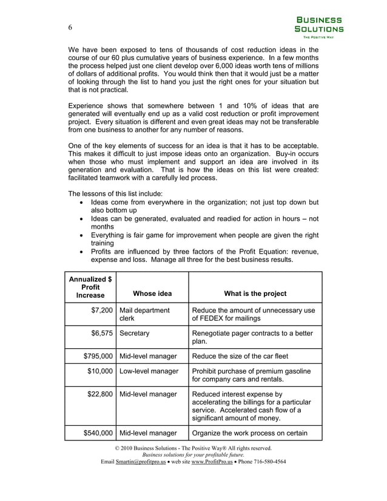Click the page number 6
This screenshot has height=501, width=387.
(x=70, y=28)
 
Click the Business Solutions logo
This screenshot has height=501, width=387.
(x=318, y=27)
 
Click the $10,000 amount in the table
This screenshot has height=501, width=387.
(x=99, y=371)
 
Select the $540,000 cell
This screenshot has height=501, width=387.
(x=98, y=433)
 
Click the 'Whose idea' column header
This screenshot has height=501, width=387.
(x=152, y=294)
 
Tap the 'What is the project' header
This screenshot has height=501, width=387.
(x=255, y=294)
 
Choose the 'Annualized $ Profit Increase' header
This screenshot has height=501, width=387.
(x=90, y=287)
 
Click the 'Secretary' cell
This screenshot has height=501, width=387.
(x=135, y=333)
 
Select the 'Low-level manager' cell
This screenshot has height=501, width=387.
(x=149, y=371)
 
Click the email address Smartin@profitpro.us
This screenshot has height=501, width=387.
(x=141, y=462)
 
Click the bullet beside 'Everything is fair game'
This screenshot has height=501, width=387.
(x=82, y=235)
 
